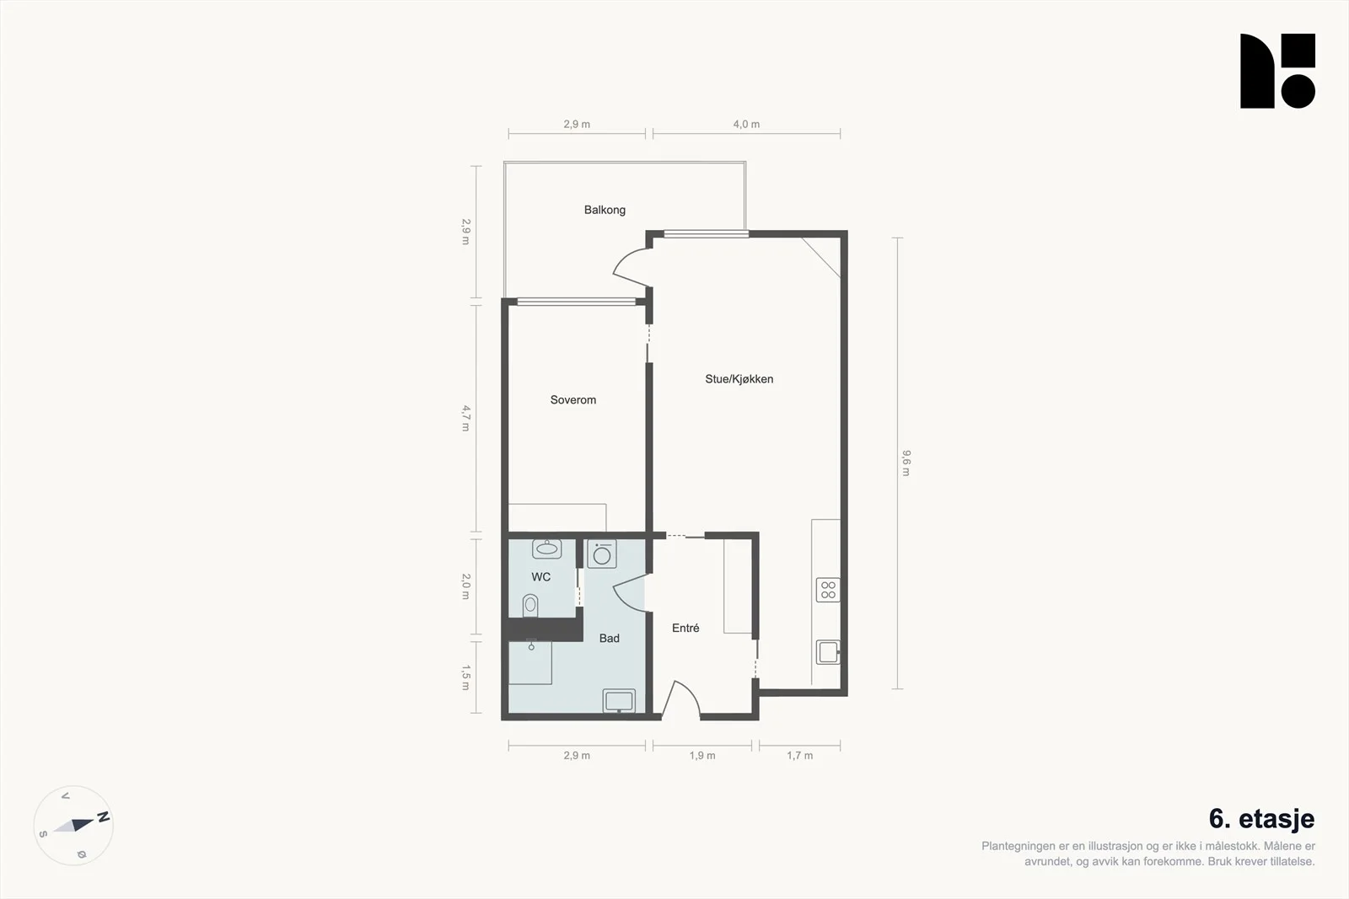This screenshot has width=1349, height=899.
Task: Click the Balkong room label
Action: [x=605, y=210]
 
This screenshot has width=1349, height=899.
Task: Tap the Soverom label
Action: [x=572, y=400]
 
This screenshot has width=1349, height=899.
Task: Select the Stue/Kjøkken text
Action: [x=739, y=379]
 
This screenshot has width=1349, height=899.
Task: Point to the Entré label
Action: [x=685, y=628]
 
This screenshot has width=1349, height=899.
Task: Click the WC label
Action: [x=540, y=577]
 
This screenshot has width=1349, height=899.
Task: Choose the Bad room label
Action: [x=609, y=639]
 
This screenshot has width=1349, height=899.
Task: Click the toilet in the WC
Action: [x=530, y=605]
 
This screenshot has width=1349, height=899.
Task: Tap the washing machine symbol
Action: [x=602, y=554]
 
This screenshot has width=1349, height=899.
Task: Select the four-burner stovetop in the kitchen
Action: [x=828, y=591]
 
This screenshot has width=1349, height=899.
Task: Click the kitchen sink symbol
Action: [x=828, y=652]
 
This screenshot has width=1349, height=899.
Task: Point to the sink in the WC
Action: [x=547, y=548]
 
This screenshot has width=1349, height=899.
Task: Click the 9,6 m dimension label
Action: [x=906, y=463]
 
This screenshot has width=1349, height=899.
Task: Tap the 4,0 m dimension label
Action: [x=746, y=125]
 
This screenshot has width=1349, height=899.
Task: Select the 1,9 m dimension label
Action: [x=702, y=756]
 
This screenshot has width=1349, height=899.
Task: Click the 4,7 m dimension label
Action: [x=465, y=418]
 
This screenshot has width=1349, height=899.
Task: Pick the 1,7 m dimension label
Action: [x=800, y=756]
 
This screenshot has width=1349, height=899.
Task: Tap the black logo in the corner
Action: [x=1277, y=71]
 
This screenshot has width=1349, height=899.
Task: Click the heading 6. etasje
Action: [x=1261, y=819]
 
